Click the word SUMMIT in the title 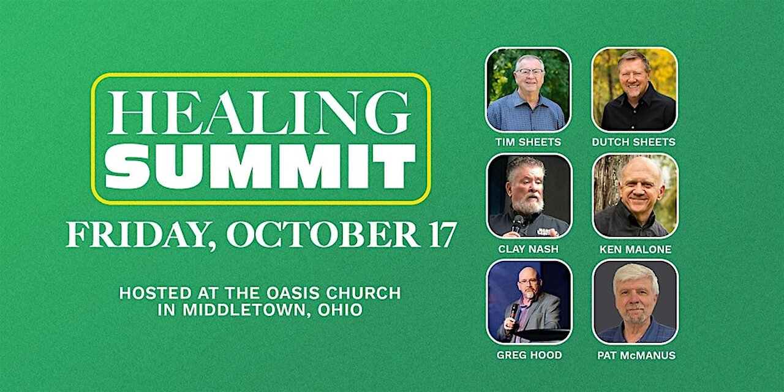tap(260, 167)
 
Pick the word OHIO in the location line tap(340, 310)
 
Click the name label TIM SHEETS tap(528, 142)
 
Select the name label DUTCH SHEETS tap(634, 142)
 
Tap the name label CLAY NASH tap(528, 249)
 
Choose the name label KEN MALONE tap(634, 249)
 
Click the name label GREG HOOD tap(528, 355)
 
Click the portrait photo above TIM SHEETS tap(528, 89)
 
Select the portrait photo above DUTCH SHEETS tap(635, 89)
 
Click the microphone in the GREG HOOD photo tap(514, 311)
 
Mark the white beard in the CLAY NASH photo tap(528, 205)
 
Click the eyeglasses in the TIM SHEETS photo tap(529, 72)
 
